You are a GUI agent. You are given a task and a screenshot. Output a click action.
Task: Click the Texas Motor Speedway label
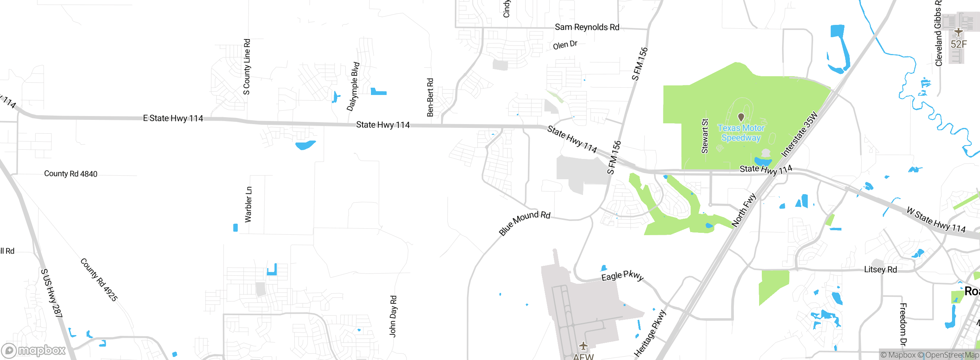point(741,133)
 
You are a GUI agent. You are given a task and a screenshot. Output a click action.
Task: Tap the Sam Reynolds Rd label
point(587,27)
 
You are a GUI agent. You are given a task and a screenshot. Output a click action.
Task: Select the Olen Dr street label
point(565,45)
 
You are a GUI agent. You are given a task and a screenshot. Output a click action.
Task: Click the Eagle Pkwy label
point(622,276)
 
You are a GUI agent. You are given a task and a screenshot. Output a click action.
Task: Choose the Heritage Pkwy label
point(650,334)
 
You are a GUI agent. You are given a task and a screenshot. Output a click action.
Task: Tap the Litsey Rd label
point(880,270)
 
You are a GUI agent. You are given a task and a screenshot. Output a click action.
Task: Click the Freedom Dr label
point(903,324)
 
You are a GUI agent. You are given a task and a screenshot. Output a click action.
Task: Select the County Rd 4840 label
point(71,174)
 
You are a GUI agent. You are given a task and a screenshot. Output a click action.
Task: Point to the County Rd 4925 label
point(99,280)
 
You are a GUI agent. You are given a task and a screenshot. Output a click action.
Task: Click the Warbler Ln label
point(248,205)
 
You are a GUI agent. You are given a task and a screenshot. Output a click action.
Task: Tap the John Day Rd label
point(393,316)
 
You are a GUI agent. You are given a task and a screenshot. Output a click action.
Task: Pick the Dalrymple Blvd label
point(353,87)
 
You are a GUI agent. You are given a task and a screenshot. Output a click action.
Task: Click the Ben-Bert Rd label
point(430,97)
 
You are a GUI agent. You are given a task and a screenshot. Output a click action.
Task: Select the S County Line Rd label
point(247,67)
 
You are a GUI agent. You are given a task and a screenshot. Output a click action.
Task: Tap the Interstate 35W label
point(799,134)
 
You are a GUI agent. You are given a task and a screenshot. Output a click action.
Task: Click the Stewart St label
point(705,136)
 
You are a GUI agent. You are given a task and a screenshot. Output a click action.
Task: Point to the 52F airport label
point(959,44)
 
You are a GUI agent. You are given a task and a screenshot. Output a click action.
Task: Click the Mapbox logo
point(34,350)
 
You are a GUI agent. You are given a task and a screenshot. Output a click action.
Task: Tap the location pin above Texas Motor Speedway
point(741,117)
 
